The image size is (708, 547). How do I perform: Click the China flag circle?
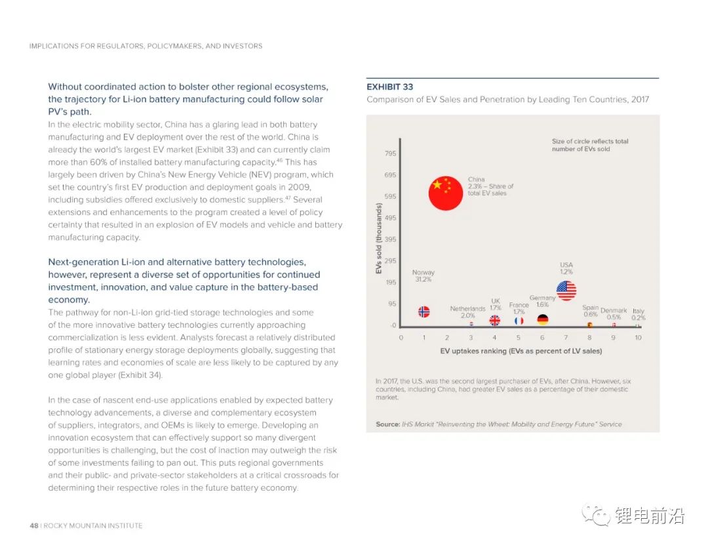(x=446, y=193)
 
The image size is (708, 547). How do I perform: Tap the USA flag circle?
(x=566, y=290)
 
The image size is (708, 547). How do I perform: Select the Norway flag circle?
(x=424, y=312)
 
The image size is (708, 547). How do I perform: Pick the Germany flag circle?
(x=542, y=320)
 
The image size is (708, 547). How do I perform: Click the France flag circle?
(x=519, y=321)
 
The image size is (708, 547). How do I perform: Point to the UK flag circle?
(x=495, y=321)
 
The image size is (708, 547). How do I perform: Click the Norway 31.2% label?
(x=423, y=276)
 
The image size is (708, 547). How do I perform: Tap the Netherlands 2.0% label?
(x=467, y=312)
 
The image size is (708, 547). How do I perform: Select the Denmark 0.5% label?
(x=614, y=314)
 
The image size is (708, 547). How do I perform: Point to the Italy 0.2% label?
(x=639, y=315)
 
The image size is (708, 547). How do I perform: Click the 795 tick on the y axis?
(x=390, y=153)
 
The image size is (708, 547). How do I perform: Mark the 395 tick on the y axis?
(x=390, y=239)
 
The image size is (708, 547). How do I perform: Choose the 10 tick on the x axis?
(x=638, y=338)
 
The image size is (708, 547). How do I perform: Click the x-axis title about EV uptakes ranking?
(x=521, y=351)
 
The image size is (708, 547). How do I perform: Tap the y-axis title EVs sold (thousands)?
(x=379, y=239)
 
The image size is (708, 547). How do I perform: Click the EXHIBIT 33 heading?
(x=389, y=87)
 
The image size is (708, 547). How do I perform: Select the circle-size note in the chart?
(x=590, y=145)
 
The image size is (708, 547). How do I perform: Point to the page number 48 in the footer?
(x=33, y=525)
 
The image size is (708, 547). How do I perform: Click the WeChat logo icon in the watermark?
(x=597, y=515)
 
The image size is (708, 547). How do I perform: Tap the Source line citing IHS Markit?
(x=498, y=424)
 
